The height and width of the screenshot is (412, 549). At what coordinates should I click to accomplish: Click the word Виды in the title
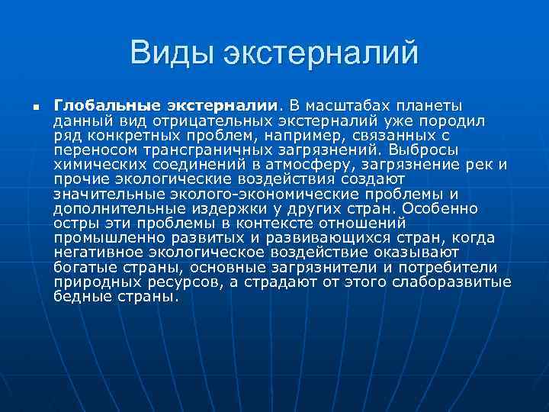click(170, 54)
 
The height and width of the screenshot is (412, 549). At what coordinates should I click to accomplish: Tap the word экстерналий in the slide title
click(321, 54)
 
